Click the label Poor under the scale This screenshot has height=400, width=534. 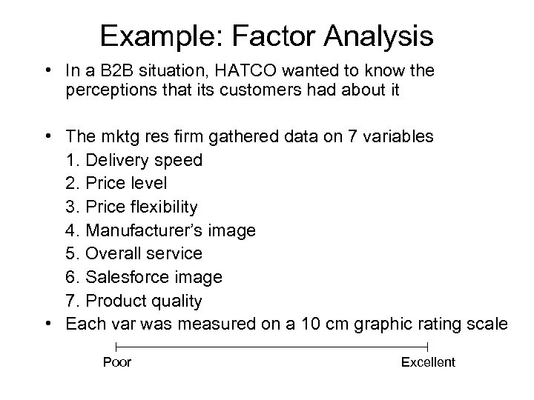(116, 362)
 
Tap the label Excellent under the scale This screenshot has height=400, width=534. (428, 362)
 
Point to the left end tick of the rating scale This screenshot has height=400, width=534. (116, 346)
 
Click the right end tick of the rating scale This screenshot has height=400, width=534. (428, 346)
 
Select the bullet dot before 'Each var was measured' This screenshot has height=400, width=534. (48, 324)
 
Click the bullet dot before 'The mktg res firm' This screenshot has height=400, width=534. (48, 136)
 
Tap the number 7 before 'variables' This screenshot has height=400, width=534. (347, 136)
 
